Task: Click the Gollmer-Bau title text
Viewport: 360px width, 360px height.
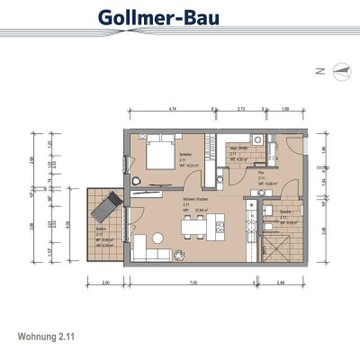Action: [x=179, y=17]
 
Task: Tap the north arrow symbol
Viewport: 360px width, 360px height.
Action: [x=339, y=68]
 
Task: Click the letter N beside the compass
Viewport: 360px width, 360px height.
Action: [x=319, y=68]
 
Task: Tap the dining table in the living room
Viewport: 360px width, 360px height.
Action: [x=194, y=226]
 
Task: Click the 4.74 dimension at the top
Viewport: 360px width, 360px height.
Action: [x=170, y=107]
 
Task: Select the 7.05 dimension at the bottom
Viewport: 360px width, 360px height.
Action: [x=192, y=284]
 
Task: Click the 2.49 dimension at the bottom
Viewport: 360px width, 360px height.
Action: [x=281, y=284]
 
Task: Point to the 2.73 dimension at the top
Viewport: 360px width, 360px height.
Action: [x=241, y=107]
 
